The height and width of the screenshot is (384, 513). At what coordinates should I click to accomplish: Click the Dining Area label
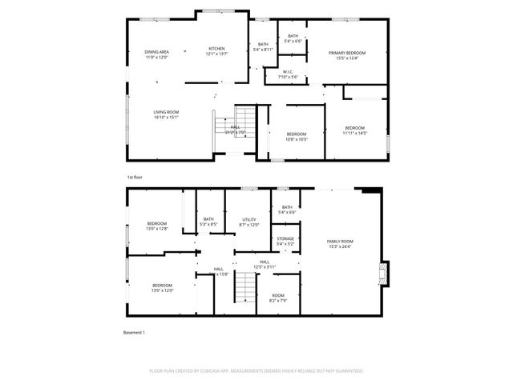pyautogui.click(x=156, y=54)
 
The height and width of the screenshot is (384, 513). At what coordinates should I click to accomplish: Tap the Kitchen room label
pyautogui.click(x=217, y=51)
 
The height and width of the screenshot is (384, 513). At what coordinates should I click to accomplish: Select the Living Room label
pyautogui.click(x=166, y=114)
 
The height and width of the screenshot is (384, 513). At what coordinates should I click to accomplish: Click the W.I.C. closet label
pyautogui.click(x=286, y=75)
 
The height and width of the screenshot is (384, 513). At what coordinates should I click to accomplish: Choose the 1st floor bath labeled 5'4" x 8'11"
pyautogui.click(x=263, y=47)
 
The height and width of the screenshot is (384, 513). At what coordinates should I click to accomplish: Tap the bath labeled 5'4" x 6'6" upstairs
pyautogui.click(x=293, y=38)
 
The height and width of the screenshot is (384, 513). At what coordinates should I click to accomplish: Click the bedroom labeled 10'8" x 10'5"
pyautogui.click(x=297, y=136)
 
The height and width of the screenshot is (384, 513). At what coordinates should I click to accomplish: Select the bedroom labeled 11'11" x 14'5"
pyautogui.click(x=355, y=130)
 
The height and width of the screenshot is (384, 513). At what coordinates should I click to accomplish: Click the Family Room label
pyautogui.click(x=340, y=244)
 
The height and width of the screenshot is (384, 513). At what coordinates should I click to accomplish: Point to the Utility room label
pyautogui.click(x=249, y=222)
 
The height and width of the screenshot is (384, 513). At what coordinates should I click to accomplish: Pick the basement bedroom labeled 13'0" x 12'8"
pyautogui.click(x=157, y=226)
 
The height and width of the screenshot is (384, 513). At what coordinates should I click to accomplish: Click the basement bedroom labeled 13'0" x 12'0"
pyautogui.click(x=163, y=287)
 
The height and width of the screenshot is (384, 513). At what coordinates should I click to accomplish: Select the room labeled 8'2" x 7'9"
pyautogui.click(x=278, y=298)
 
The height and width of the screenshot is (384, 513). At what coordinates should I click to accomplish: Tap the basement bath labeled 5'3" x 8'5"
pyautogui.click(x=208, y=222)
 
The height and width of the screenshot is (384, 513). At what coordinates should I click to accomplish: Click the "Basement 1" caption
pyautogui.click(x=134, y=332)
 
